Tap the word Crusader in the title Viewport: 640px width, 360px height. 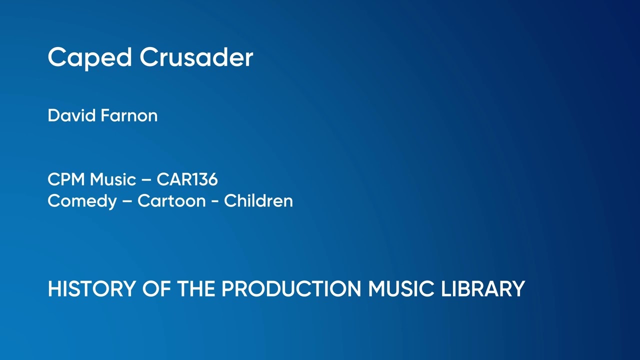point(196,57)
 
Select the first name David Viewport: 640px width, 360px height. point(71,115)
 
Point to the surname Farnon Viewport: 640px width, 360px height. point(129,115)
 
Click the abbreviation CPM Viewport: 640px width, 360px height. point(66,179)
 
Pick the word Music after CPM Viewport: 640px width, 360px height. point(113,179)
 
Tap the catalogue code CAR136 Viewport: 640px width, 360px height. point(187,179)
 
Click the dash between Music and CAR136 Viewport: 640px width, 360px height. point(146,179)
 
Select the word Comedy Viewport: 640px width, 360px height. point(81,201)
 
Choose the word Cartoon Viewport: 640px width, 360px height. point(171,200)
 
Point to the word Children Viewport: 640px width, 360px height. point(258,200)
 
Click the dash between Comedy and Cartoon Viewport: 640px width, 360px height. point(127,201)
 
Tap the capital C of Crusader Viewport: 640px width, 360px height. point(148,57)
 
